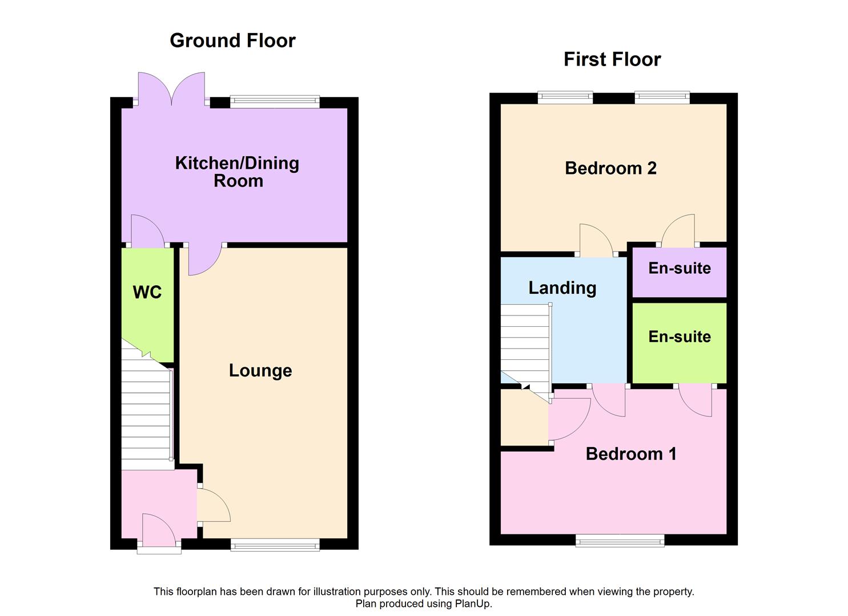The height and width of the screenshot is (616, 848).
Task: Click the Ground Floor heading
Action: click(x=232, y=40)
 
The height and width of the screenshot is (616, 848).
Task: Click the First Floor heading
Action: click(x=612, y=59)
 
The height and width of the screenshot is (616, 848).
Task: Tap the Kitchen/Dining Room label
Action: click(x=237, y=172)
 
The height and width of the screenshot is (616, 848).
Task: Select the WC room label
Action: click(x=147, y=293)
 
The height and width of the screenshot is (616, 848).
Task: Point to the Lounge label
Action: click(x=260, y=371)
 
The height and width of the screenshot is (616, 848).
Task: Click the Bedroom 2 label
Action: click(x=610, y=168)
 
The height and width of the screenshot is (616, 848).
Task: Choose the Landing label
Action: click(x=562, y=288)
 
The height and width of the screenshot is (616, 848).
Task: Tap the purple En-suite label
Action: click(x=679, y=268)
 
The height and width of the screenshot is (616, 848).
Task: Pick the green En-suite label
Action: click(x=679, y=337)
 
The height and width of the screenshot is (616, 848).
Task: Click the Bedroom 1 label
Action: click(x=631, y=454)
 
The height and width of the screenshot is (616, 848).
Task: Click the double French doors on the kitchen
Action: click(x=171, y=90)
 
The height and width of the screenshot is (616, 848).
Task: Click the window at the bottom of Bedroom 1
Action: click(x=620, y=541)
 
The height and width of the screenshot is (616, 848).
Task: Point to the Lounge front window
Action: click(x=275, y=545)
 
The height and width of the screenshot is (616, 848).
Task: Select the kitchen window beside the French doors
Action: click(x=275, y=102)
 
